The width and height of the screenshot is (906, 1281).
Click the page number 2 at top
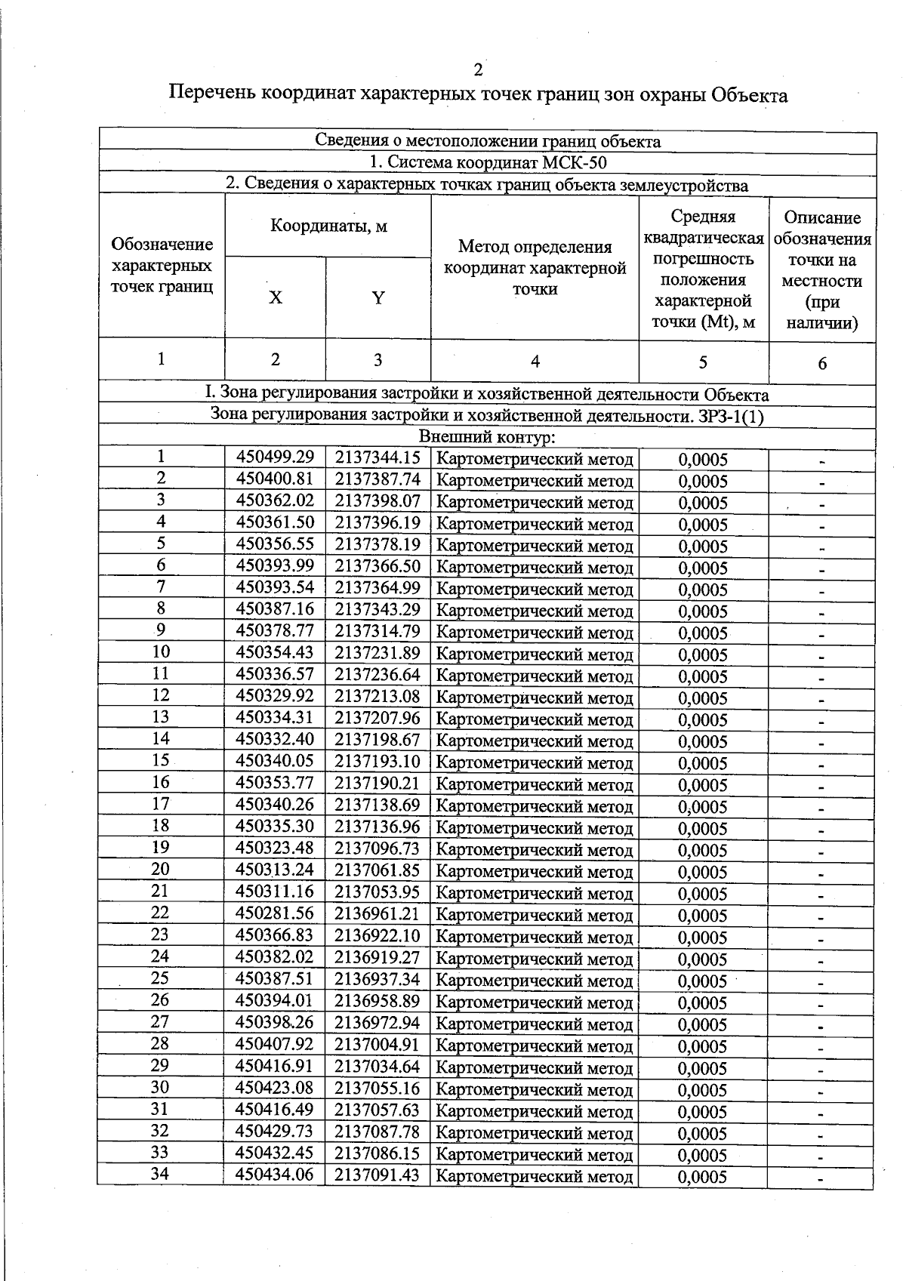tap(477, 70)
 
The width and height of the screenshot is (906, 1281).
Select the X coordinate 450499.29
tap(275, 457)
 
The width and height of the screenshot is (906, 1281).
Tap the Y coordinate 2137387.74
tap(377, 479)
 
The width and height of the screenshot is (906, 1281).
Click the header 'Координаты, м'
tap(328, 226)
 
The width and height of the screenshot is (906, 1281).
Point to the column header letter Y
tap(378, 298)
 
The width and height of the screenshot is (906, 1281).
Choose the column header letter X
tap(276, 298)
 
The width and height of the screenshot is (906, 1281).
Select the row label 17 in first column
tap(160, 804)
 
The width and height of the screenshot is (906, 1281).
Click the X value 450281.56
tap(275, 913)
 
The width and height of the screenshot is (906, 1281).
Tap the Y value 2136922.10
tap(377, 935)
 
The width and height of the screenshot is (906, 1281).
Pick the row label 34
tap(160, 1175)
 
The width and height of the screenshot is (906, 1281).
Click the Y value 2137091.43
tap(377, 1175)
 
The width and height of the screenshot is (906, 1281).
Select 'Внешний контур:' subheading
tap(487, 437)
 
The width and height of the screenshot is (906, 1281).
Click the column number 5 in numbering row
tap(703, 362)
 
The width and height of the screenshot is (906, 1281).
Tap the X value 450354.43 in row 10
tap(275, 652)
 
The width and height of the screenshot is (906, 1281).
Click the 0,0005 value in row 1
tap(703, 460)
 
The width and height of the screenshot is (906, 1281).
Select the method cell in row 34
tap(535, 1176)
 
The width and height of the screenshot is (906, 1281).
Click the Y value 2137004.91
tap(377, 1045)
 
